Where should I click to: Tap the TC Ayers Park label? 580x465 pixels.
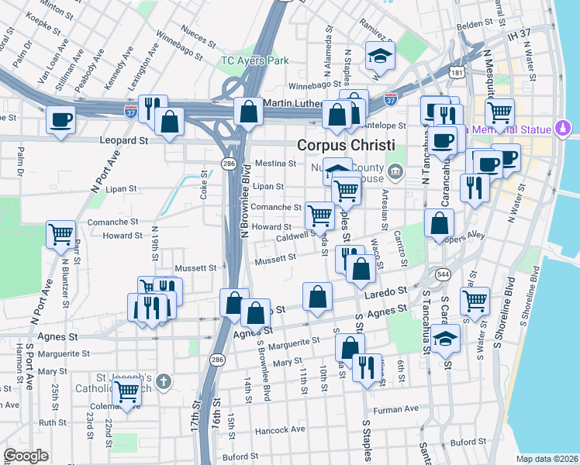(254, 60)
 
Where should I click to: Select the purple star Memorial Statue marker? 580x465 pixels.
(563, 128)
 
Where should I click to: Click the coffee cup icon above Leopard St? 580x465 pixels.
(60, 120)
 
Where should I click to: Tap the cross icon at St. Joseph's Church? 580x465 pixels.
(162, 381)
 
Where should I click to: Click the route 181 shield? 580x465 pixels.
(458, 74)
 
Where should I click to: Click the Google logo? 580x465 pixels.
(26, 456)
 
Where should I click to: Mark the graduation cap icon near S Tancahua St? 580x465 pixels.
(446, 339)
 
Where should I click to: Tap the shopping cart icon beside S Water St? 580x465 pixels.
(474, 299)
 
